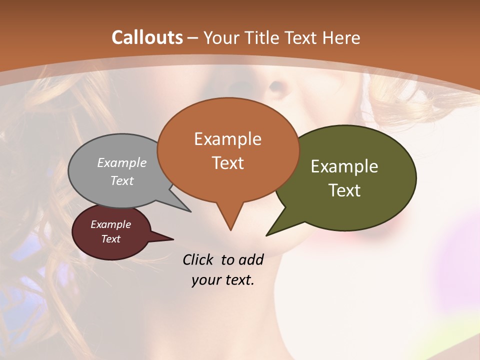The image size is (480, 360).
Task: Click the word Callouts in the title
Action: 147,37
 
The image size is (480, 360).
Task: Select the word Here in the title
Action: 342,37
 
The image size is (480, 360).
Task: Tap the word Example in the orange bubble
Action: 227,139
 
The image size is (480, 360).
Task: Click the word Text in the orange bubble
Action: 227,163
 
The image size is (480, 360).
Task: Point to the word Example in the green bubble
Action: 344,166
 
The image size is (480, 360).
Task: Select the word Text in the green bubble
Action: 344,190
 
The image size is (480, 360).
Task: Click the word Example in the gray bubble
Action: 122,162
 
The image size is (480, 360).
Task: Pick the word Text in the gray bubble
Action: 122,180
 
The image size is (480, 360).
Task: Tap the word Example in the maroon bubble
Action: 110,224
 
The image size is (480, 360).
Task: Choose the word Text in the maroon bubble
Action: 110,239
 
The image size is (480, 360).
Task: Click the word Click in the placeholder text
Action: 199,259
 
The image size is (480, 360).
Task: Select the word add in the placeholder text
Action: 251,259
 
